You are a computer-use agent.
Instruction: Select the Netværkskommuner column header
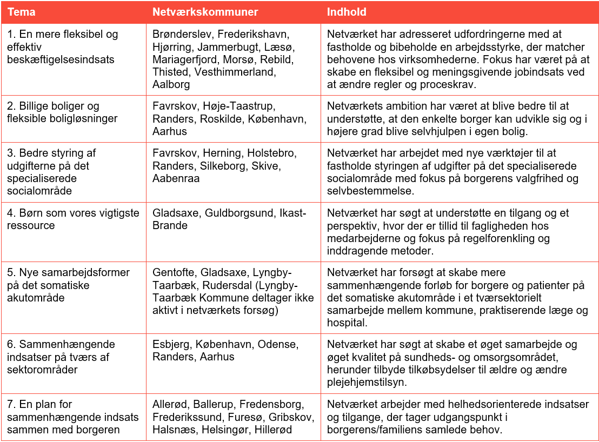[205, 12]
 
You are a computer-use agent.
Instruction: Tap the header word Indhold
[347, 12]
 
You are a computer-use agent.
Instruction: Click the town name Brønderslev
[182, 35]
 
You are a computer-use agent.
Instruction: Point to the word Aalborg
[171, 84]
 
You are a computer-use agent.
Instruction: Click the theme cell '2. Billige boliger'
[53, 106]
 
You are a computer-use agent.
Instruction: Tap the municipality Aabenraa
[176, 178]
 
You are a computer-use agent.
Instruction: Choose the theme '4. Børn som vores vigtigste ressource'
[73, 219]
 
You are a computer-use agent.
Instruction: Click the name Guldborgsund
[239, 213]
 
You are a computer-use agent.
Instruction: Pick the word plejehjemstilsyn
[367, 382]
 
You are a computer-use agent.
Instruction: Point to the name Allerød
[169, 405]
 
